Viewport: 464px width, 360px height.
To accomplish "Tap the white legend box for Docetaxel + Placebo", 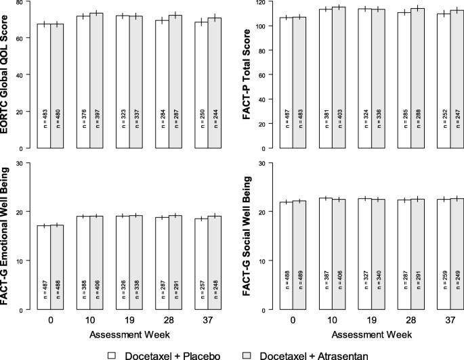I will click(114, 354).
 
